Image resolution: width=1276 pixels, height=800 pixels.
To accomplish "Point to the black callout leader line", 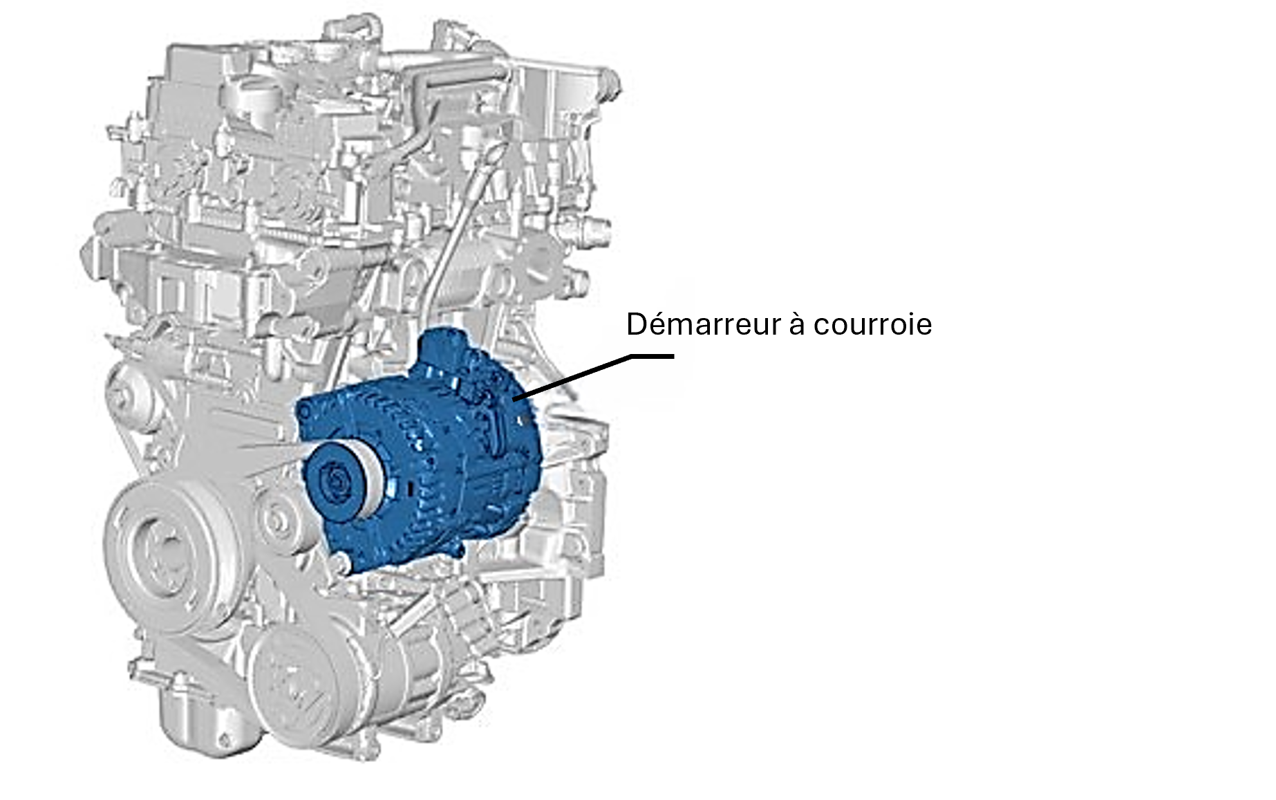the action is (x=593, y=376).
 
